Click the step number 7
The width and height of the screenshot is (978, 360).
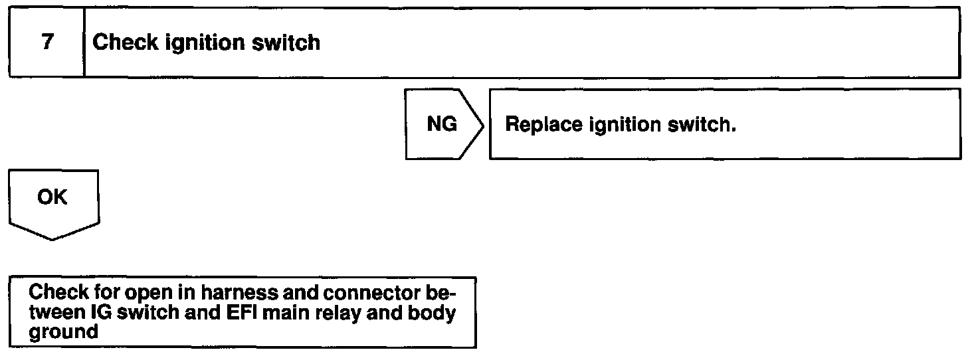pyautogui.click(x=47, y=43)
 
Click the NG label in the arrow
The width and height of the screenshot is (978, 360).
pyautogui.click(x=442, y=124)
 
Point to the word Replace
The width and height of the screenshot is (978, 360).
pyautogui.click(x=543, y=125)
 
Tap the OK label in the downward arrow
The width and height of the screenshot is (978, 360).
pyautogui.click(x=52, y=198)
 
